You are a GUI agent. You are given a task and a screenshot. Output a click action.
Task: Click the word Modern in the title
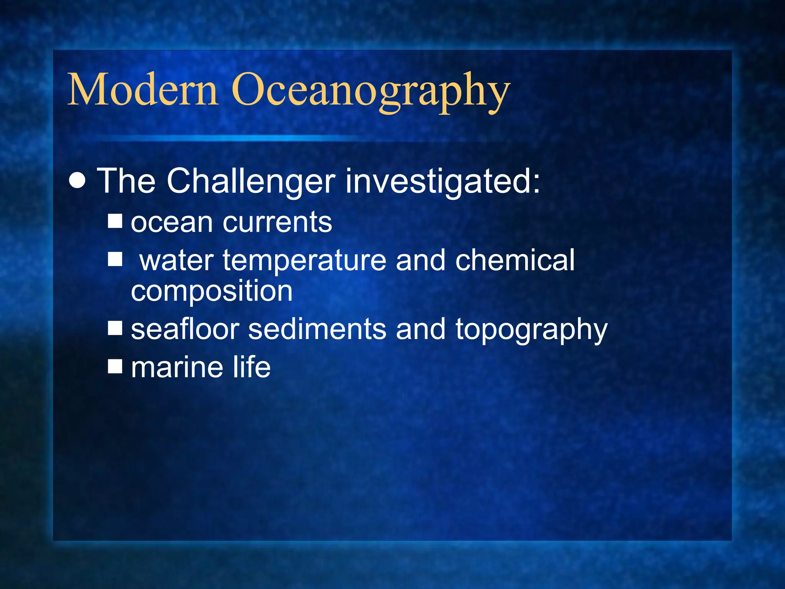143,90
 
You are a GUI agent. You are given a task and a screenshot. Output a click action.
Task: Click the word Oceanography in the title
371,92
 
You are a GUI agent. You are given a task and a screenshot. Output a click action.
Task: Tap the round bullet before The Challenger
78,181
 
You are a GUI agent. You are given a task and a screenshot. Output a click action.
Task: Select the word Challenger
251,182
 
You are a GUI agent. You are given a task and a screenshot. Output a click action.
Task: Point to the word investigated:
443,182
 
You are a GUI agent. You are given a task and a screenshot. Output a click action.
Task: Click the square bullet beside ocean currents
115,221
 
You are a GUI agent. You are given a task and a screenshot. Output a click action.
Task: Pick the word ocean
172,223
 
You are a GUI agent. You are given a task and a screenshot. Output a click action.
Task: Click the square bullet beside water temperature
115,259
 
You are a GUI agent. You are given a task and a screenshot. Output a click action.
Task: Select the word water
176,261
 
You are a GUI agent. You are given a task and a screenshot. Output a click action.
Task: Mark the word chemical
515,260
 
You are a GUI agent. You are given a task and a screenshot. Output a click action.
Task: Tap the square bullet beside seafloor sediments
115,328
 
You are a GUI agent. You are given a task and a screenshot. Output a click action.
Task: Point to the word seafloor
185,329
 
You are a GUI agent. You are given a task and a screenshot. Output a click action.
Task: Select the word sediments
317,329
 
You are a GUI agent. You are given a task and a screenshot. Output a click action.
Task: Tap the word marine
177,367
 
